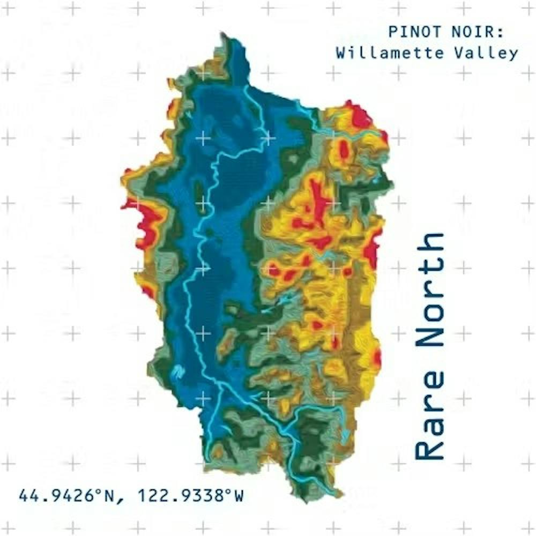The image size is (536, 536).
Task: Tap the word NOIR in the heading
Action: point(472,32)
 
